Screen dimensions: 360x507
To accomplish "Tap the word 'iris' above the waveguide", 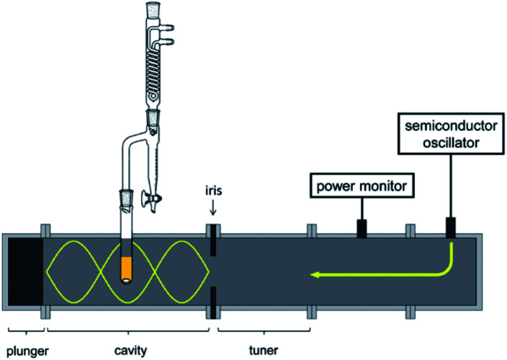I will pos(213,194).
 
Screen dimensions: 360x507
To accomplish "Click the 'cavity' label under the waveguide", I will pos(130,351).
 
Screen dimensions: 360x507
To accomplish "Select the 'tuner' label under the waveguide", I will pos(263,351).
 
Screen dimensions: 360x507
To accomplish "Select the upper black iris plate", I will pos(213,242).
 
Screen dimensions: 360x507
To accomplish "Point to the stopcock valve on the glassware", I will pos(153,196).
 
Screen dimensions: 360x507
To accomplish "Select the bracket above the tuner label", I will pos(264,331).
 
